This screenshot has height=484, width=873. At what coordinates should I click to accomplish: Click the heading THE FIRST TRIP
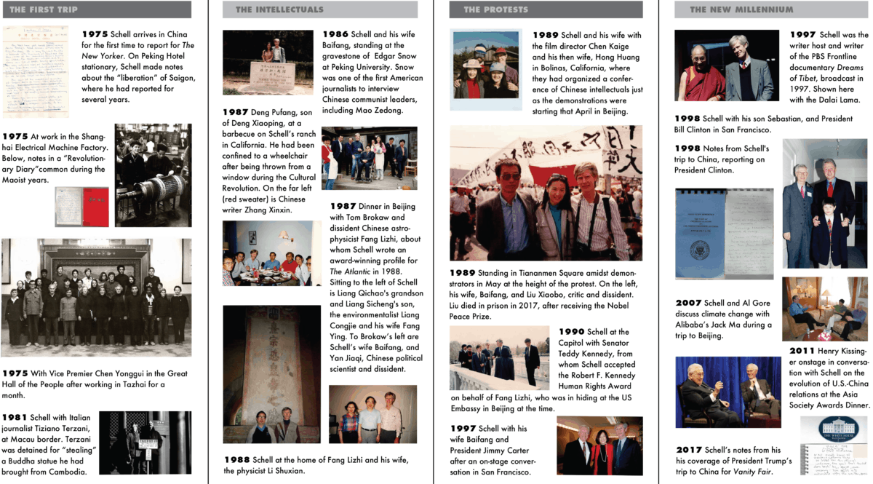click(44, 10)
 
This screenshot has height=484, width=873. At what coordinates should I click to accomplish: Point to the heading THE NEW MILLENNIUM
click(741, 10)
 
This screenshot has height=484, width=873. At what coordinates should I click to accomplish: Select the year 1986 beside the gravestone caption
click(335, 34)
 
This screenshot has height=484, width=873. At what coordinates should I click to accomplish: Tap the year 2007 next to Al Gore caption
click(688, 303)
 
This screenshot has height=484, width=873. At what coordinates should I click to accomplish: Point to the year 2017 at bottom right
click(688, 450)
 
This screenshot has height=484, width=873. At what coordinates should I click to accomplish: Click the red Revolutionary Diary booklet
click(92, 206)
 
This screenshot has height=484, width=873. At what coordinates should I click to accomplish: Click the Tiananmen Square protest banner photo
click(546, 193)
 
